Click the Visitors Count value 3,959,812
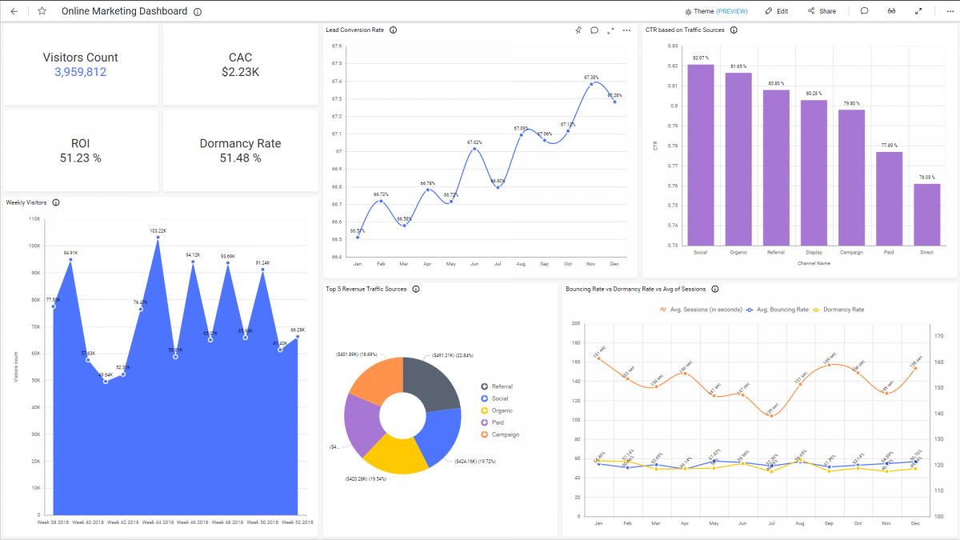point(80,72)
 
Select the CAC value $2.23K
point(240,72)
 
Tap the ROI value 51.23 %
point(80,158)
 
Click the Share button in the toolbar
point(822,11)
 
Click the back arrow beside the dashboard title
point(14,11)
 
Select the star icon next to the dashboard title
point(42,11)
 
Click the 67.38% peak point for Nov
point(591,83)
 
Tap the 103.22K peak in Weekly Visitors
point(158,238)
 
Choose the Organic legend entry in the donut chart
point(502,410)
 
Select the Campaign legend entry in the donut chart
point(504,434)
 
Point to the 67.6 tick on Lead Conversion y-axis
point(336,46)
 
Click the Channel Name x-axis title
point(814,263)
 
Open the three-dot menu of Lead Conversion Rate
point(626,30)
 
